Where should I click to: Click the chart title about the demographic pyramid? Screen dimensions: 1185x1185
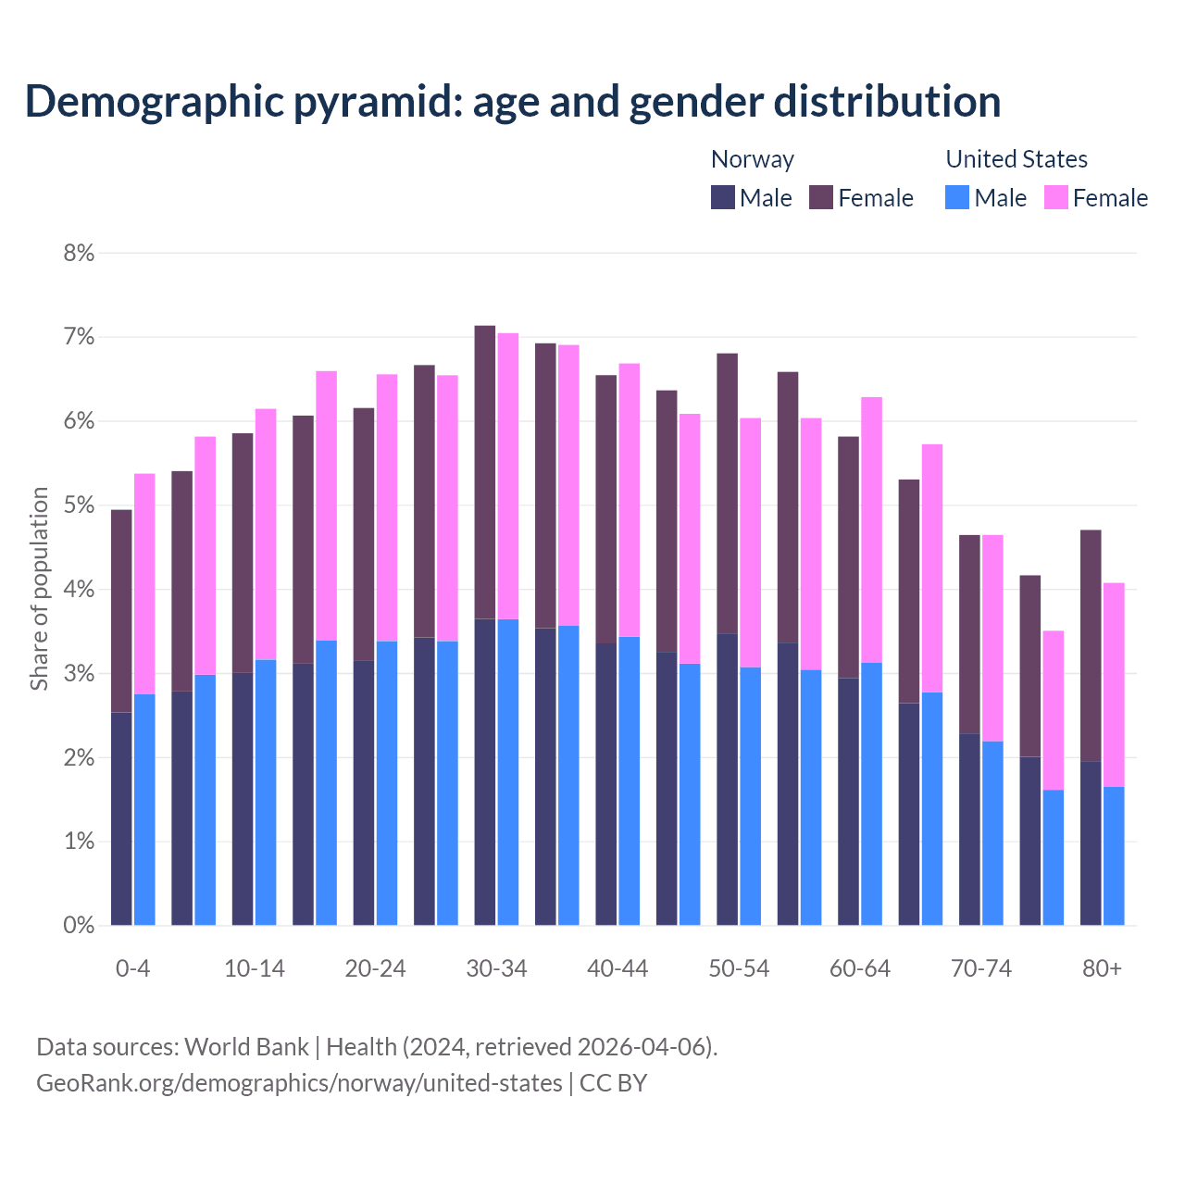click(x=513, y=101)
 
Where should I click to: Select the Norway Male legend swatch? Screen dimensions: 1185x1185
click(x=722, y=197)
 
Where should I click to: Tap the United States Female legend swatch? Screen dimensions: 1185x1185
click(x=1055, y=197)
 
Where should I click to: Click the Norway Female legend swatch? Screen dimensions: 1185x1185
click(x=821, y=197)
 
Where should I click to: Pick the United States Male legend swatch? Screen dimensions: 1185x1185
click(x=957, y=197)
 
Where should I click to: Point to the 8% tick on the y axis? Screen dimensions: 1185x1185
click(x=79, y=253)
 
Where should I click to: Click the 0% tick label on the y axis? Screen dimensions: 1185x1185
click(x=79, y=925)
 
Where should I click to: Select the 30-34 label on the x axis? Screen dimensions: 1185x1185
click(x=496, y=968)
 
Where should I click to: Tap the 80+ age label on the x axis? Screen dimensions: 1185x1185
click(x=1102, y=968)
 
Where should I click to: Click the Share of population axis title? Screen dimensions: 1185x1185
click(x=39, y=589)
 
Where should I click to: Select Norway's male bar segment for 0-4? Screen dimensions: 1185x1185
click(x=121, y=818)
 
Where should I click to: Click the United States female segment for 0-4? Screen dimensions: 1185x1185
click(x=144, y=583)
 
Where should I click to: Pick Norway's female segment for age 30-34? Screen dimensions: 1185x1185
click(x=485, y=472)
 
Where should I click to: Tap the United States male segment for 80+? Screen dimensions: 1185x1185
click(x=1114, y=855)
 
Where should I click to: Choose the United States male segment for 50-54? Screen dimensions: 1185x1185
click(x=750, y=796)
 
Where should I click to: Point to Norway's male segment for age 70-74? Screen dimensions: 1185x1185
click(x=969, y=829)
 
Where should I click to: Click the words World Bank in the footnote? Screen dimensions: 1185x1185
click(x=246, y=1047)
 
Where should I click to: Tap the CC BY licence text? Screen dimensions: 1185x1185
click(x=613, y=1082)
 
